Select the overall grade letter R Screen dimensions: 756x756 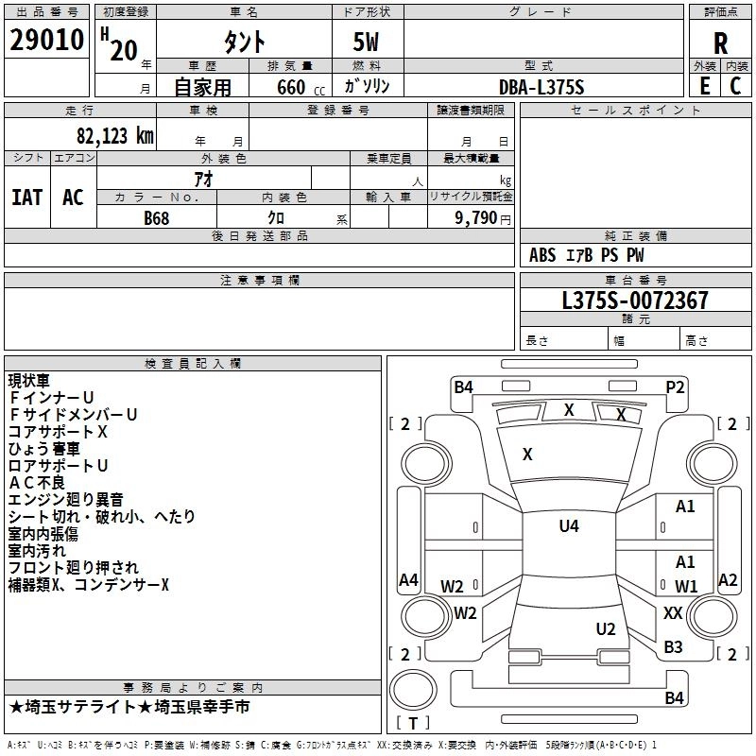click(x=720, y=43)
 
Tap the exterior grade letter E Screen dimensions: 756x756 click(x=704, y=85)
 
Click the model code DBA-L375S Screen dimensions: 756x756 click(x=541, y=87)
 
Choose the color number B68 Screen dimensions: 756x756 click(x=157, y=217)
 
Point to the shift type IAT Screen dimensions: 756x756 click(x=26, y=198)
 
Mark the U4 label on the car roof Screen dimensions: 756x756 click(x=568, y=526)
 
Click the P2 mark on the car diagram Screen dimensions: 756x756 click(x=675, y=387)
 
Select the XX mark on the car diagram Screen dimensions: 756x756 click(x=673, y=613)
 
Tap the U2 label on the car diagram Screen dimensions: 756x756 click(x=606, y=629)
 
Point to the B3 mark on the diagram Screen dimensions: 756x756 click(x=673, y=647)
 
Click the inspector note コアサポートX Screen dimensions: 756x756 click(x=58, y=432)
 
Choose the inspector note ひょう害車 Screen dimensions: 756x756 click(x=44, y=449)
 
